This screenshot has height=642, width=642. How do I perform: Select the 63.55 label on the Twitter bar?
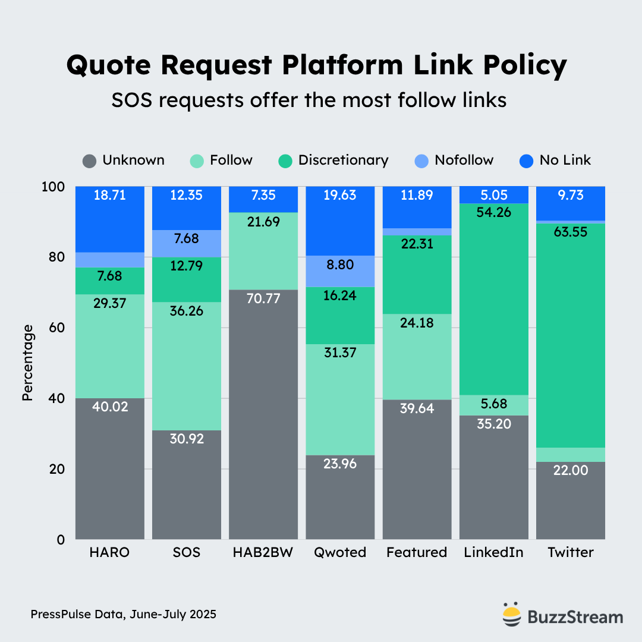tap(571, 232)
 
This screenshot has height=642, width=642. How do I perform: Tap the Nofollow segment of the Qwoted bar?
tap(341, 271)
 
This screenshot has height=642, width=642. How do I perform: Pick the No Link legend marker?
tap(526, 161)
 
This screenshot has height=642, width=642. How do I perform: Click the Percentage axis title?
tap(27, 363)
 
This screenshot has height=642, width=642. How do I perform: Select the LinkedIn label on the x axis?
tap(493, 552)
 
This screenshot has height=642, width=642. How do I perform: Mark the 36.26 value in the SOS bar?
tap(187, 311)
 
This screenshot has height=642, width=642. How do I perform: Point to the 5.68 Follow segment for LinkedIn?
tap(493, 404)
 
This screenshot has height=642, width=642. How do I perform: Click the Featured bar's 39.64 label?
tap(417, 408)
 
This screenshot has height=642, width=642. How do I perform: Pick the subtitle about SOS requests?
tap(309, 100)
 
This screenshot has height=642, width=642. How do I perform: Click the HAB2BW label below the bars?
tap(263, 552)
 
